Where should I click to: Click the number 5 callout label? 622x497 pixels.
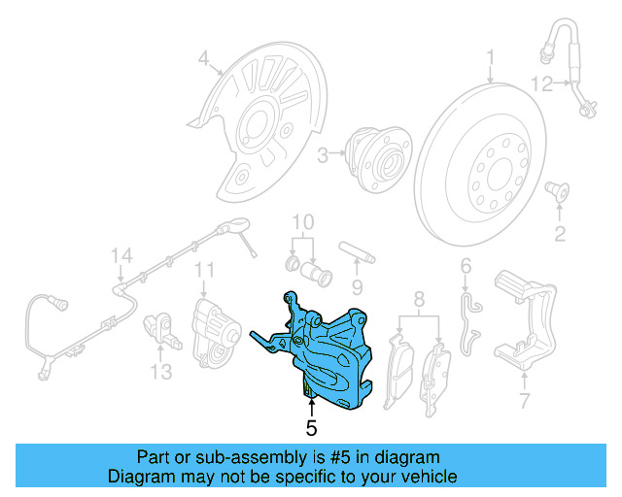(311, 426)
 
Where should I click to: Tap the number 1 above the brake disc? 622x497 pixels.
(491, 55)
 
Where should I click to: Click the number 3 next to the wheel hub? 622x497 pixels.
(323, 152)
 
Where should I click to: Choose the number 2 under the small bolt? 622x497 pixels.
(559, 232)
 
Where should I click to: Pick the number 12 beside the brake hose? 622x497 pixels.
(524, 400)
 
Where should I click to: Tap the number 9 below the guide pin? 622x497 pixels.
(357, 286)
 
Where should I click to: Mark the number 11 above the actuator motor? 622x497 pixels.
(204, 269)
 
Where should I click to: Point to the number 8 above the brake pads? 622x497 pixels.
(160, 371)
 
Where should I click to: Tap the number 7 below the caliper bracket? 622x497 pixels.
(524, 400)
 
